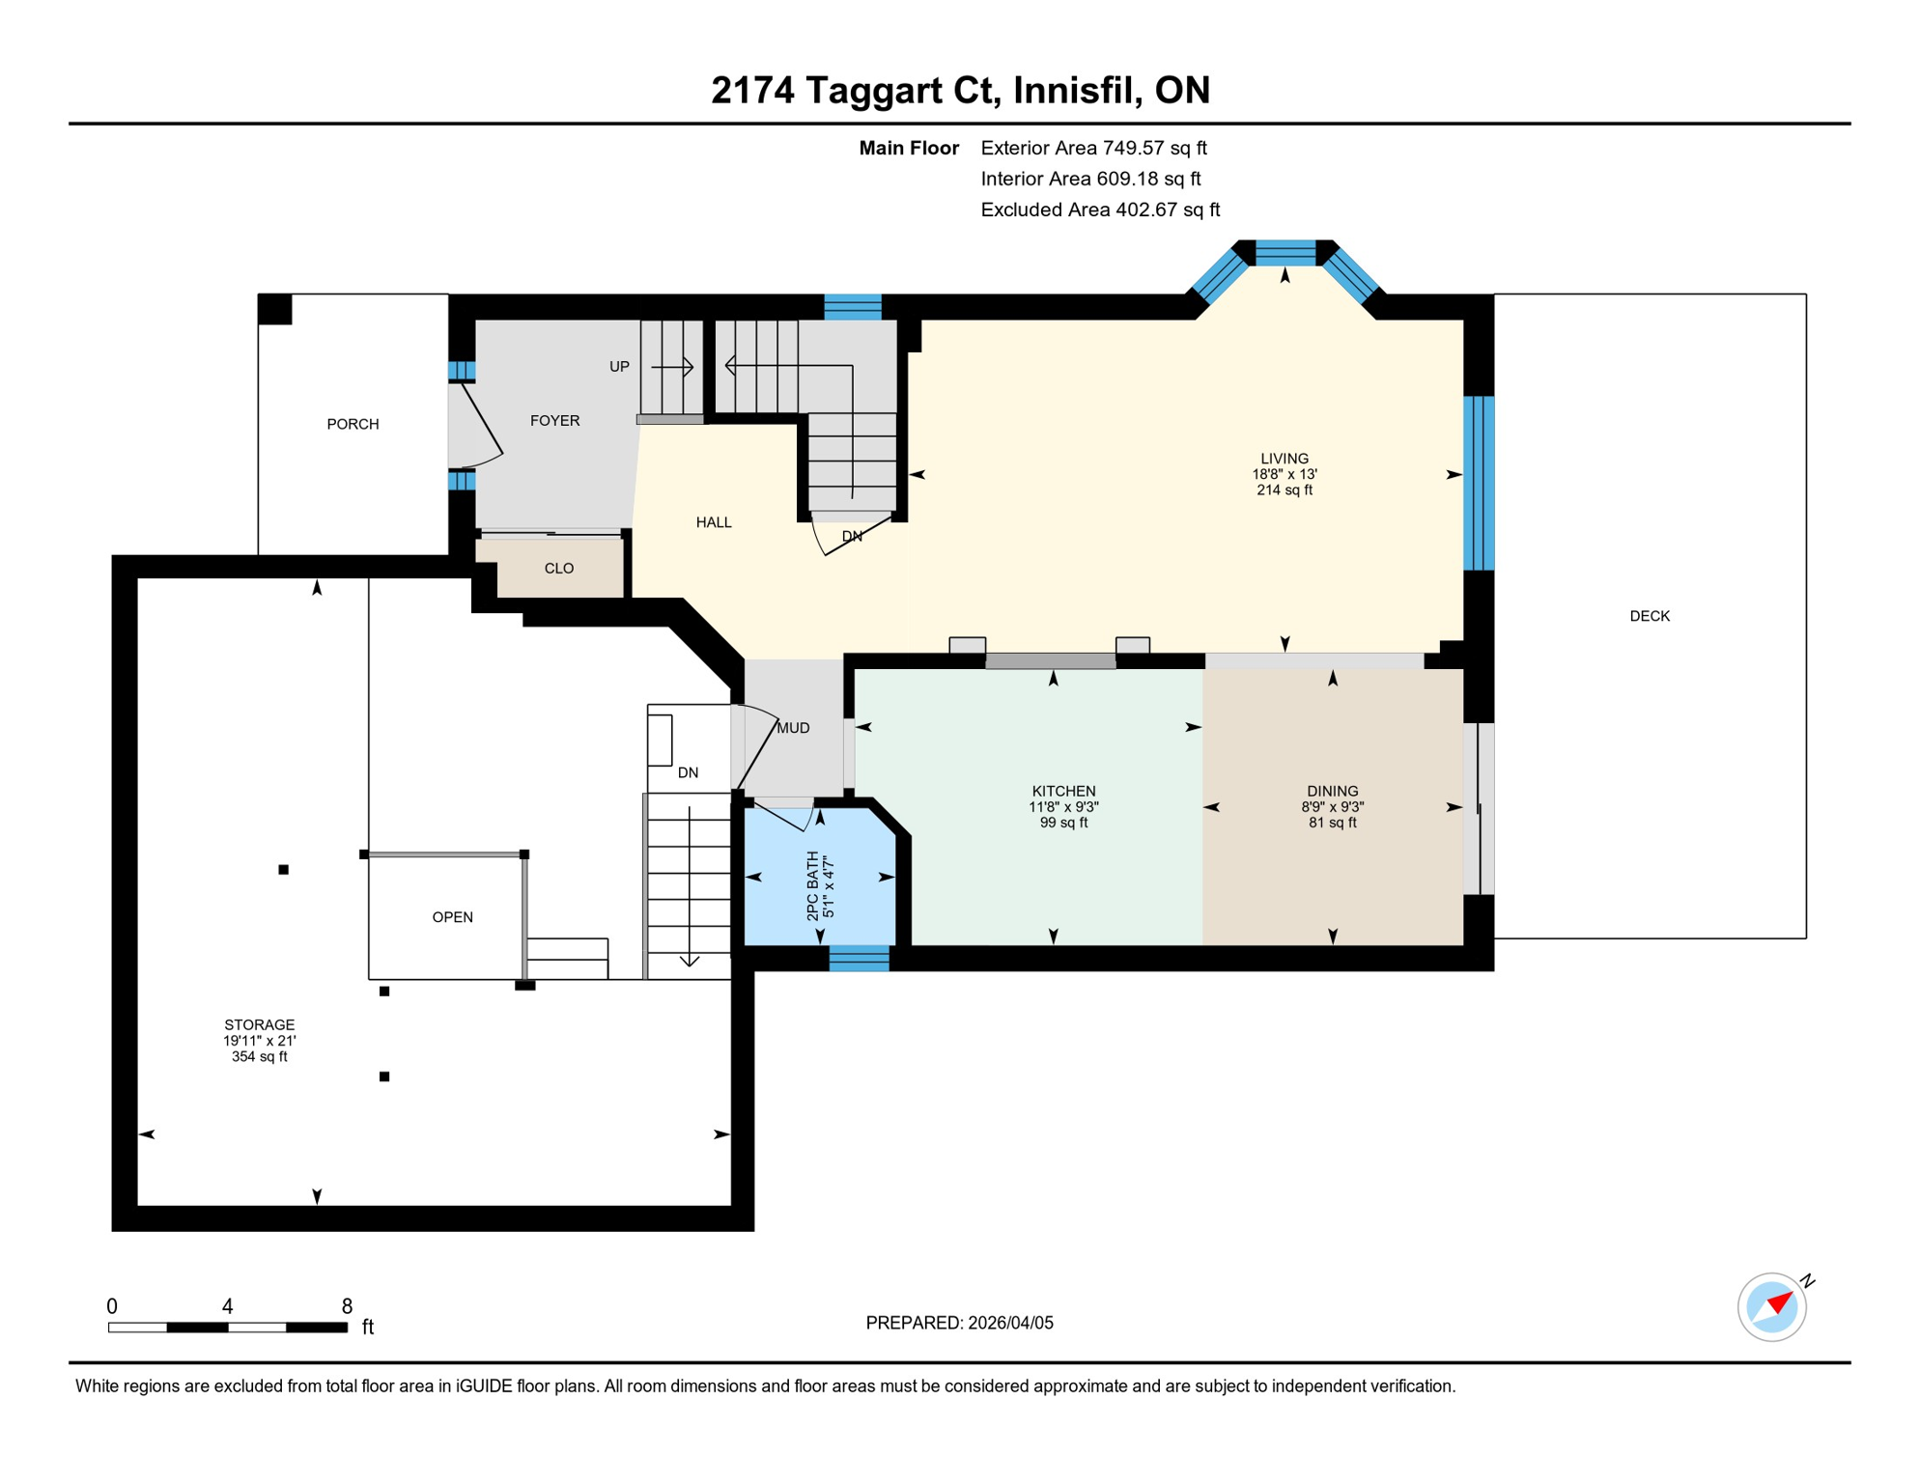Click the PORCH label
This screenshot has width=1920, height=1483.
353,424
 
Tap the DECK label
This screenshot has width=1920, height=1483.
1649,616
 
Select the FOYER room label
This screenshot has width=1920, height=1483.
554,420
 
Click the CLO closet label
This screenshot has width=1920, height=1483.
558,568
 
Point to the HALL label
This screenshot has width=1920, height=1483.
713,522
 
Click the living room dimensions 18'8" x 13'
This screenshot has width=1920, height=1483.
1284,474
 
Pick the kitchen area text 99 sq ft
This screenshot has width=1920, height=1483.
1063,823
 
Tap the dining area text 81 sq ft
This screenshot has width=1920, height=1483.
1332,823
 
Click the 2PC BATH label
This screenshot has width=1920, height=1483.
812,885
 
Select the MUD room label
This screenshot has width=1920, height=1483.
793,728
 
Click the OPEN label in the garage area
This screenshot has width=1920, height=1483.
452,917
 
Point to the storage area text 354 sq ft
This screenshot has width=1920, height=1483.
259,1056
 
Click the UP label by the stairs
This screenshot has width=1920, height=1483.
619,367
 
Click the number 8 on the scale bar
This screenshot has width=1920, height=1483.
347,1306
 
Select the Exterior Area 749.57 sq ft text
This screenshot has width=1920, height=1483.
1093,148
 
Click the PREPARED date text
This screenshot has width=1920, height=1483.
959,1323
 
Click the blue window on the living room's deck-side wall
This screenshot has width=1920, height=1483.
1478,483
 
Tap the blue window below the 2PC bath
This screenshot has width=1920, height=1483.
859,958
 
